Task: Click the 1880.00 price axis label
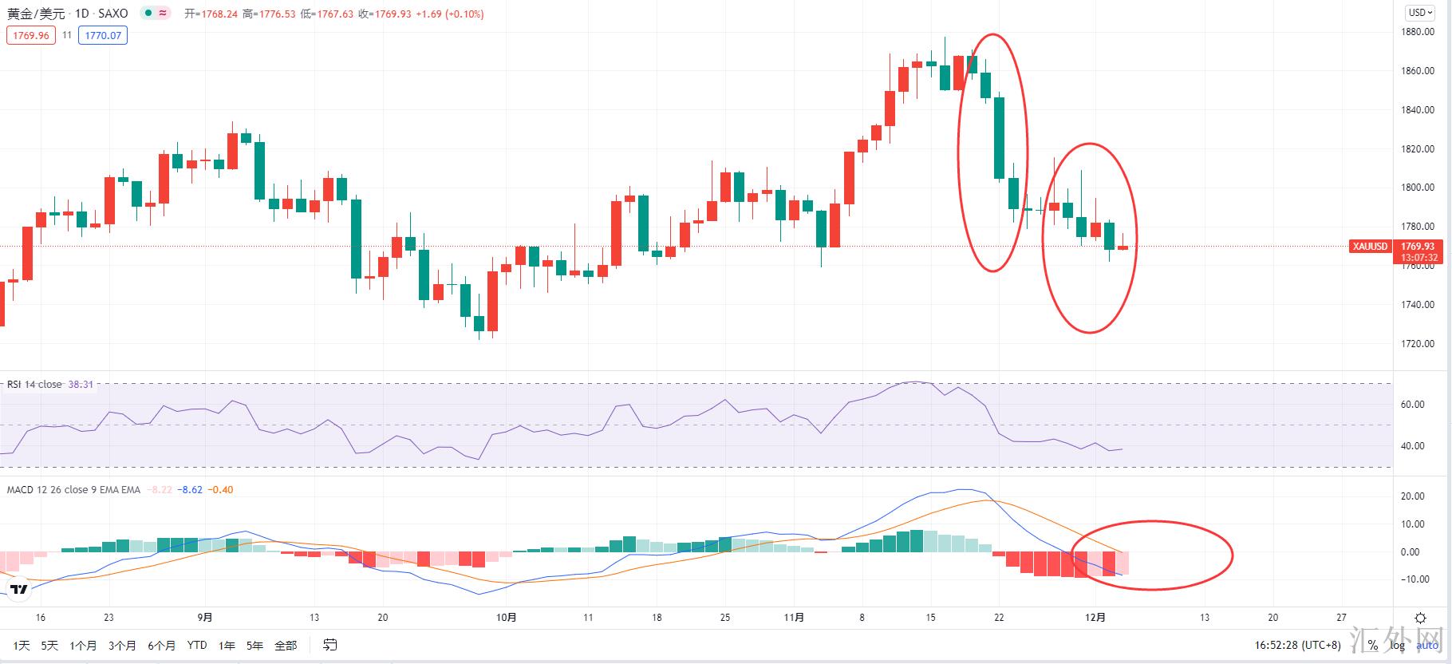coord(1418,32)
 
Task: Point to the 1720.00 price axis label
coord(1418,344)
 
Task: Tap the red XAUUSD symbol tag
coord(1370,247)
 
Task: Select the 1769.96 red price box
coord(31,36)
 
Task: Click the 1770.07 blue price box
coord(103,36)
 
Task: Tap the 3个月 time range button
coord(122,646)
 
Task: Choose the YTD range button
coord(196,646)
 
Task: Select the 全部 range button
coord(285,646)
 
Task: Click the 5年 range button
coord(254,646)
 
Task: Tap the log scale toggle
coord(1398,646)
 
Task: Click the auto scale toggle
coord(1428,646)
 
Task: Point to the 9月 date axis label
coord(205,617)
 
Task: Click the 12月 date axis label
coord(1095,617)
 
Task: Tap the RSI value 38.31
coord(81,385)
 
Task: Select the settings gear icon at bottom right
coord(1420,618)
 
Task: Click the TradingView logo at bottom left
coord(19,590)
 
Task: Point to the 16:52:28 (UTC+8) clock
coord(1297,646)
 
